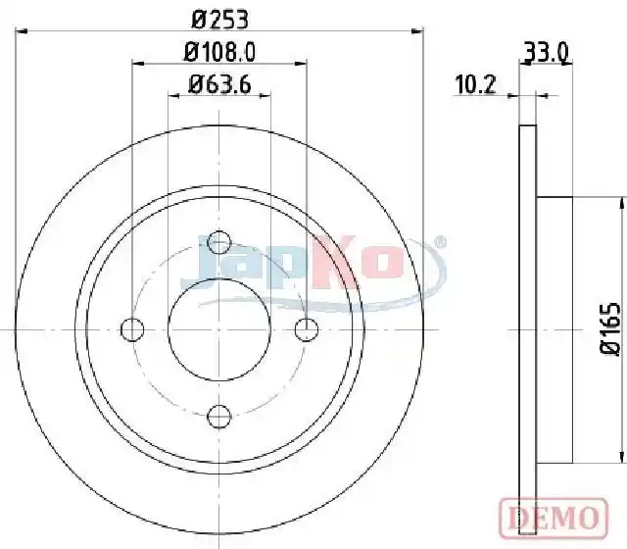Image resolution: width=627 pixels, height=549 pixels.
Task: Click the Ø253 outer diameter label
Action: (x=219, y=19)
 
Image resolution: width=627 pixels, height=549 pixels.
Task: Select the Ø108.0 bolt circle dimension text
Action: (x=219, y=52)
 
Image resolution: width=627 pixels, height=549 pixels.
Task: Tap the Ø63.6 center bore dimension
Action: (x=219, y=84)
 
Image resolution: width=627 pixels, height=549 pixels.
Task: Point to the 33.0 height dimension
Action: (x=546, y=52)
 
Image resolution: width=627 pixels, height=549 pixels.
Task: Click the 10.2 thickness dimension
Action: (x=475, y=84)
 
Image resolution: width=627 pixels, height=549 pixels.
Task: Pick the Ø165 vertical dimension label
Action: (x=611, y=329)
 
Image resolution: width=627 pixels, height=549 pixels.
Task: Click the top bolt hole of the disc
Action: (x=219, y=242)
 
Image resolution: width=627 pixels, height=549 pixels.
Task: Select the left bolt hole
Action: (x=132, y=329)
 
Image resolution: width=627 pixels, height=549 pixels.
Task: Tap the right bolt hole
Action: (x=307, y=329)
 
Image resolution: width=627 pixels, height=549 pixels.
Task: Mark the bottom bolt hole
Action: (x=219, y=417)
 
